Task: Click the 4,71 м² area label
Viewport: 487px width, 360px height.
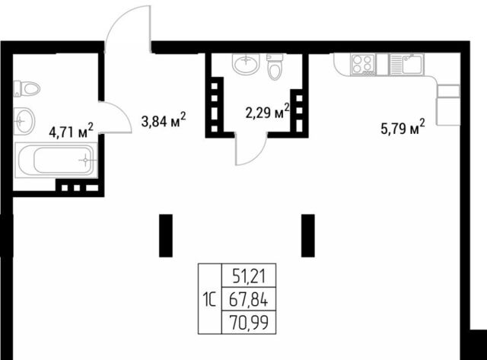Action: [71, 130]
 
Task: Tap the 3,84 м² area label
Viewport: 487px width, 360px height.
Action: [164, 119]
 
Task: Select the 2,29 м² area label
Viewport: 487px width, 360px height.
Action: [267, 112]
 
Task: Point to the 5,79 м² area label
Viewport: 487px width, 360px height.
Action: [403, 127]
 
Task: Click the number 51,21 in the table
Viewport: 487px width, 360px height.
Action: [249, 276]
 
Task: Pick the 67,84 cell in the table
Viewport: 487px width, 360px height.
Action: [249, 299]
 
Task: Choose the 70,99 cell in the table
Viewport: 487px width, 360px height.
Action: [249, 322]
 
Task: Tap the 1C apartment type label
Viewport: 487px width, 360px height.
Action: [209, 300]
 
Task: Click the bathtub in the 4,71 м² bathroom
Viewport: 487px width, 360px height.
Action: [56, 160]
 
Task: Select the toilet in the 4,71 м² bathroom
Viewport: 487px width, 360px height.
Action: [27, 89]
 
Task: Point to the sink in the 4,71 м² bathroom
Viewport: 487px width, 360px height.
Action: [24, 121]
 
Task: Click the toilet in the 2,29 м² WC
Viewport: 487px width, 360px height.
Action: [275, 67]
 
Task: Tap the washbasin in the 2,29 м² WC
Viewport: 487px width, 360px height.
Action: [246, 64]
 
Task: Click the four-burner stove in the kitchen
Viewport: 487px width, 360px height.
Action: [362, 64]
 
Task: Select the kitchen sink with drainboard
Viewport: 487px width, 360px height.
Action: [406, 64]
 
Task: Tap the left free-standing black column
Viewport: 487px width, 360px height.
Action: [166, 235]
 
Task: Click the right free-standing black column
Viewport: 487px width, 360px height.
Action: [307, 235]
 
